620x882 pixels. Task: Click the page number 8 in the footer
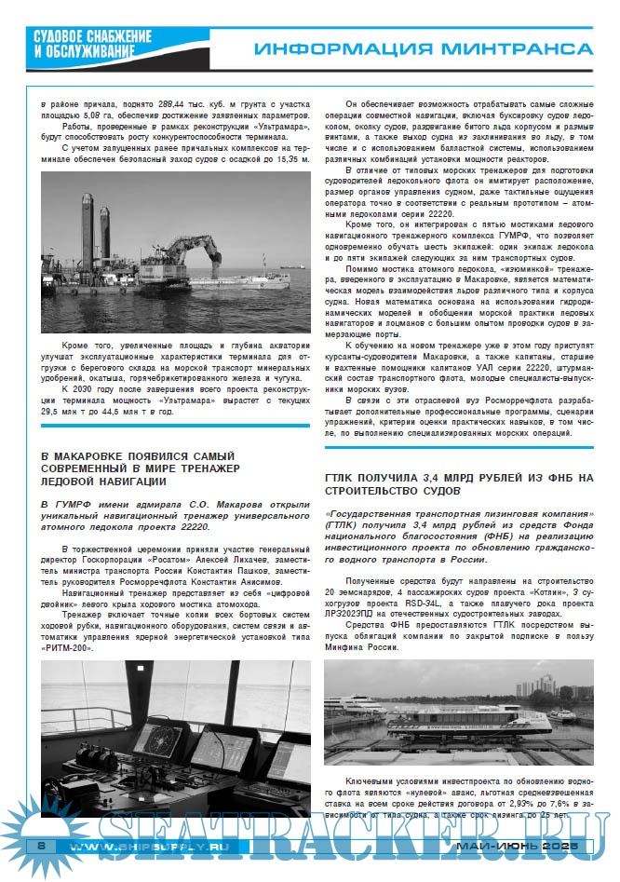42,845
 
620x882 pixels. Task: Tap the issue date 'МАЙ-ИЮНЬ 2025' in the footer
518,846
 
